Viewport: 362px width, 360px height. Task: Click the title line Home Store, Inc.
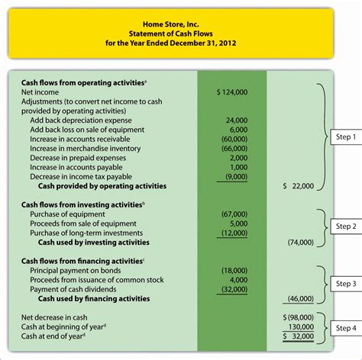[x=181, y=23]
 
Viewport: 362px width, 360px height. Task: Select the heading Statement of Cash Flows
[x=181, y=34]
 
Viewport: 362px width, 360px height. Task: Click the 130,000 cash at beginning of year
[x=300, y=326]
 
